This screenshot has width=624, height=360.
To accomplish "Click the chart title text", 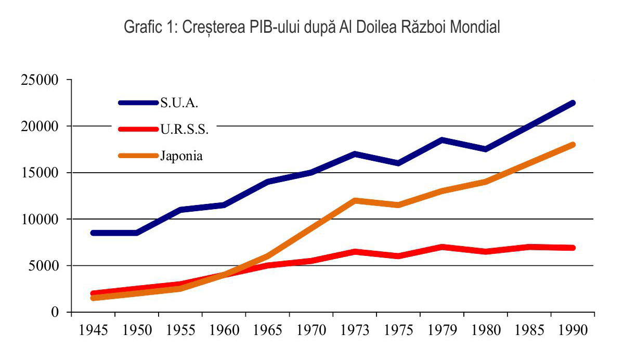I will point(312,28).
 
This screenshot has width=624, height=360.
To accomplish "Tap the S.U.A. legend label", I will point(179,103).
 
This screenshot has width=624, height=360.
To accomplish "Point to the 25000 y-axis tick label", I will point(41,80).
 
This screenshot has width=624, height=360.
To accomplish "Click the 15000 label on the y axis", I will point(41,173).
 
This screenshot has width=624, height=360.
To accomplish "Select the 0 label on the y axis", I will point(55,312).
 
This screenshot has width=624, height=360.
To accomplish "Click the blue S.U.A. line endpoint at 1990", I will point(573,103).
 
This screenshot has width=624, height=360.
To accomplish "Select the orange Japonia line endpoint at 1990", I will point(573,145).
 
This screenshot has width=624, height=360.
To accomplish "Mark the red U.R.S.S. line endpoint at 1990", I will point(573,248).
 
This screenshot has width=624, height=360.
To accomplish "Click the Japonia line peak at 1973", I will point(355,200).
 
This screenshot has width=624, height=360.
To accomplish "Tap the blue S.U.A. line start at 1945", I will point(93,233).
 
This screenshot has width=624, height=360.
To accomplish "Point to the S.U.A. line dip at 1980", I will point(485,149).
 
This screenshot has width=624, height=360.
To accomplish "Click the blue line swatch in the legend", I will point(138,103).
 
